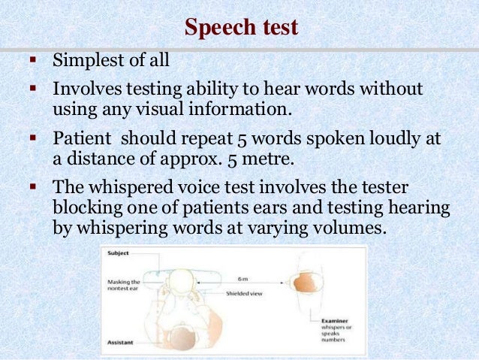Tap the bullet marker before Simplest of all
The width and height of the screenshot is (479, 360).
click(33, 59)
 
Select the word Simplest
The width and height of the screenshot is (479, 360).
click(85, 60)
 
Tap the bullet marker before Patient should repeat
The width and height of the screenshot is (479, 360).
click(33, 139)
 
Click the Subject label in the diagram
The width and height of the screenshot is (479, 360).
click(119, 253)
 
